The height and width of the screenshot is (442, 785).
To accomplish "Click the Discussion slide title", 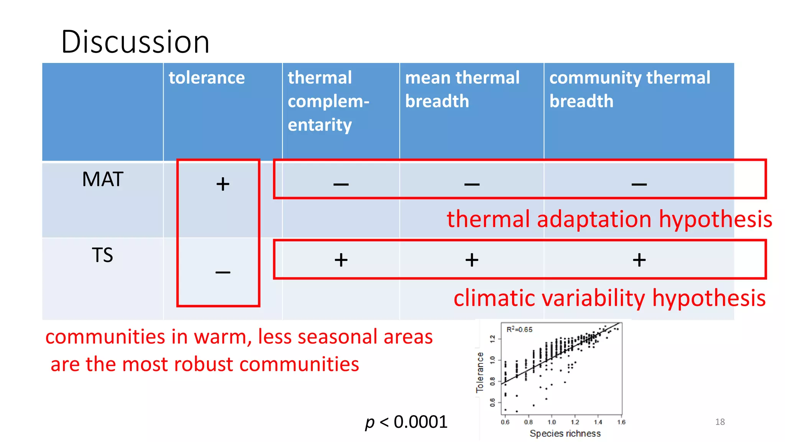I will (x=135, y=41).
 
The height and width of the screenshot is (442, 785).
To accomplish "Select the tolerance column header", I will (x=207, y=78).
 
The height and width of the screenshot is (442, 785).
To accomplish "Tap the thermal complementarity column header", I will (x=328, y=101).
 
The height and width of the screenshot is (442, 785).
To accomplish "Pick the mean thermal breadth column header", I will (x=462, y=89).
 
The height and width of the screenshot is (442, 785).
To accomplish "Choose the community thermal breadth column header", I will (x=629, y=89).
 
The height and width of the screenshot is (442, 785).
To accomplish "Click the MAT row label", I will (x=102, y=180).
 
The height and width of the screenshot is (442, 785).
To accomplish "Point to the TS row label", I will (x=102, y=255).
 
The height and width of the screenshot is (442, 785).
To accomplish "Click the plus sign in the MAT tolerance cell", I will (x=223, y=184).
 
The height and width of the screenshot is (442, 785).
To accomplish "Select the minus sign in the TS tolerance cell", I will (x=223, y=272).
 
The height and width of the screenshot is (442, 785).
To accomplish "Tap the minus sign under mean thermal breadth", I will (x=471, y=185).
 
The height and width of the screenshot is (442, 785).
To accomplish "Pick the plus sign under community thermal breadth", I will (x=639, y=260).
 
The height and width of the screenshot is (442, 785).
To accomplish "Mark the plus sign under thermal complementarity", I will (x=341, y=260).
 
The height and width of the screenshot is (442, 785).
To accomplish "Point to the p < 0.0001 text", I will (x=406, y=422).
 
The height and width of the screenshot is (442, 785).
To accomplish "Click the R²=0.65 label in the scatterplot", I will (x=519, y=330).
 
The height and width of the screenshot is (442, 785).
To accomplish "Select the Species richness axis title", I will (x=565, y=434).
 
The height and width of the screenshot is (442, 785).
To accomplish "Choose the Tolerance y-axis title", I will (x=480, y=372).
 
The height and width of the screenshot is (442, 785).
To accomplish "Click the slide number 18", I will (x=720, y=422).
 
